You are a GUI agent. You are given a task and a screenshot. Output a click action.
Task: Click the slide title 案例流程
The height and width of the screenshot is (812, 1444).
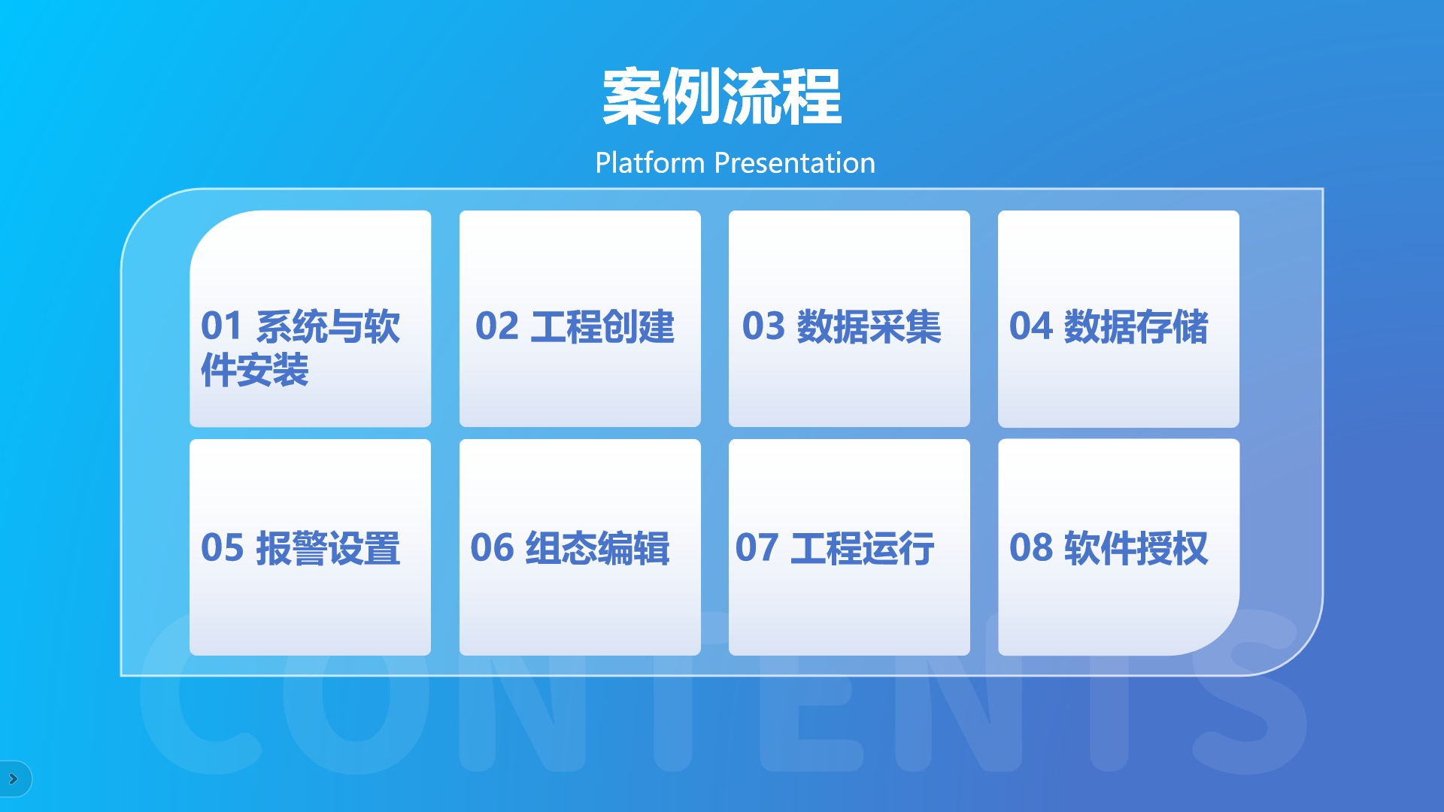pos(722,96)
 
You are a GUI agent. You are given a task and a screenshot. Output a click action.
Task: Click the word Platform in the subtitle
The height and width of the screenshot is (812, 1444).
pos(650,163)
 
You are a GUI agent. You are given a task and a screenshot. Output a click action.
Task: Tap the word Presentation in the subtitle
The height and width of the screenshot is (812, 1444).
pos(795,163)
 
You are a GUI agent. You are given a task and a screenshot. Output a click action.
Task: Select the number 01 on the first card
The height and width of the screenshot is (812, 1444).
pos(221,326)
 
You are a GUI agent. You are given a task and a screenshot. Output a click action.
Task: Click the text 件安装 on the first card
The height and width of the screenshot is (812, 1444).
pos(255,370)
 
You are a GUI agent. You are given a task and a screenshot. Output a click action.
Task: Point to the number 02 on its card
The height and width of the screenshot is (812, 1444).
pos(497,326)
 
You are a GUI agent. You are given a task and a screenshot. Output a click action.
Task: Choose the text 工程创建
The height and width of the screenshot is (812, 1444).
pos(602,326)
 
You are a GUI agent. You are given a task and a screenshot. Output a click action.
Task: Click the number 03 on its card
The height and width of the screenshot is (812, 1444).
pos(763,326)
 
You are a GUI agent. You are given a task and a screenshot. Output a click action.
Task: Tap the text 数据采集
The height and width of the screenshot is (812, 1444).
pos(869,326)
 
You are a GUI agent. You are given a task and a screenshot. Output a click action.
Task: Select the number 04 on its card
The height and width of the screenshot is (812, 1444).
pos(1030,326)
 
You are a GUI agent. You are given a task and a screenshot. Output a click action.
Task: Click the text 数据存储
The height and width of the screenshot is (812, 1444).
pos(1136,326)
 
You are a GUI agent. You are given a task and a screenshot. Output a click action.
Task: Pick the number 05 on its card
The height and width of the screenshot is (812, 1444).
pos(222,547)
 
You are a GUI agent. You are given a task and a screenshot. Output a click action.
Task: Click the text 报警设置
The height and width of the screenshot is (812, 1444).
pos(328,547)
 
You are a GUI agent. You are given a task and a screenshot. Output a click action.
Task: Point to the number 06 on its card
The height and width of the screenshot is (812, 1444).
pos(492,547)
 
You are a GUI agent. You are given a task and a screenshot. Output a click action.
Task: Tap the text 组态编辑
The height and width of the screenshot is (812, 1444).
pos(597,547)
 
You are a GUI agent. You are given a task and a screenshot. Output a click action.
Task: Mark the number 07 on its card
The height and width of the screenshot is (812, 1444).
pos(757,547)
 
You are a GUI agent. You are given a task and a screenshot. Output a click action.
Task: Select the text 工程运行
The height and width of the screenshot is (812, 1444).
pos(862,547)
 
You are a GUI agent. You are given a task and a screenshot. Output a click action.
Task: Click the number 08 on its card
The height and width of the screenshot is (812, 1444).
pos(1030,547)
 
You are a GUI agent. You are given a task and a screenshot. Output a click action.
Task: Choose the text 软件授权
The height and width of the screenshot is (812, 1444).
pos(1136,547)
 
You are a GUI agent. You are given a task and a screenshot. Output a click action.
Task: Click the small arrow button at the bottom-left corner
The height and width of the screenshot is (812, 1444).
pos(14,779)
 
